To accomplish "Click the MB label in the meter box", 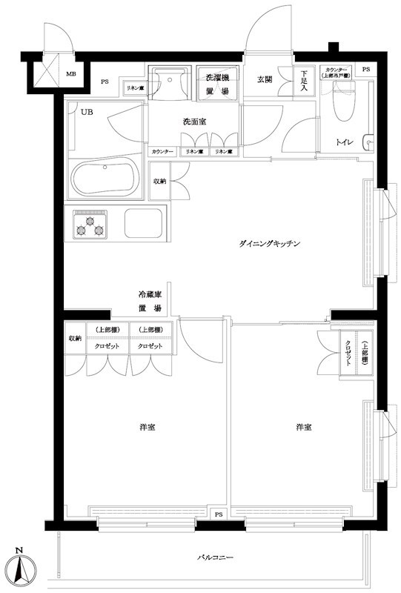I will pos(71,74).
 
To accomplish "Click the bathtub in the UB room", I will pos(105,178).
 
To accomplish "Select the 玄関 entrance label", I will pos(265,79).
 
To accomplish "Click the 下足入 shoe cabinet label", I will pos(304,82).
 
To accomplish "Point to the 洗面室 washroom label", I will pos(194,122).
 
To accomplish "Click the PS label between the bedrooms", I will pos(218,514).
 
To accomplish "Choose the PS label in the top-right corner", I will pos(366,69).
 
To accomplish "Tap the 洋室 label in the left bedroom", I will pos(146,428).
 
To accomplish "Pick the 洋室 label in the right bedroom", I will pos(303,428).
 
